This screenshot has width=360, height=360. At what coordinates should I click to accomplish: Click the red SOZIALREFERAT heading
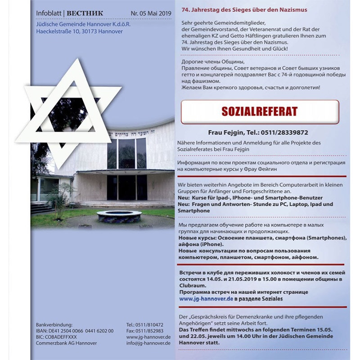pyautogui.click(x=259, y=111)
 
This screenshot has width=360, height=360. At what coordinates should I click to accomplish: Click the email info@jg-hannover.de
pyautogui.click(x=148, y=343)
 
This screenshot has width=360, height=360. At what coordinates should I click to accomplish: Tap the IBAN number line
pyautogui.click(x=75, y=331)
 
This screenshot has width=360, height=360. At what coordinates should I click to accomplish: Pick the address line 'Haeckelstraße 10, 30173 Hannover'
pyautogui.click(x=79, y=31)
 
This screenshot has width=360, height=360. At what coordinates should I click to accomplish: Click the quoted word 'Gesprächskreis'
pyautogui.click(x=211, y=316)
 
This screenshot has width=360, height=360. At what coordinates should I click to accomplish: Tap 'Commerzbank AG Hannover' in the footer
pyautogui.click(x=66, y=343)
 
